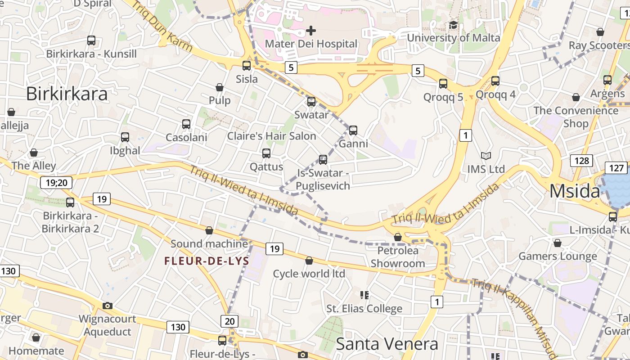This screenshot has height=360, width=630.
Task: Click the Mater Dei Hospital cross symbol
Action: point(311,31)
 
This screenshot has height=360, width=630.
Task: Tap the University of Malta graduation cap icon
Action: point(453,25)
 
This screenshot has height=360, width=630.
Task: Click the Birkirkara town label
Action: point(67,94)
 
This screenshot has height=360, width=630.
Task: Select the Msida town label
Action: point(575,192)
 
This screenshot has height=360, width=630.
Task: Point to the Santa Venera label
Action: point(387,344)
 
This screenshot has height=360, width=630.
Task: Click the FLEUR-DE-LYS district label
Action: point(207,261)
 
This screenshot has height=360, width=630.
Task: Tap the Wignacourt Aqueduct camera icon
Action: point(108,306)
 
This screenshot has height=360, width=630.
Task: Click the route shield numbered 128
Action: point(581,161)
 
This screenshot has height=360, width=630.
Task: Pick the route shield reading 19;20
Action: point(56,182)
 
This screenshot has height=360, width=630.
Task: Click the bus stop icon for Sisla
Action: point(247,66)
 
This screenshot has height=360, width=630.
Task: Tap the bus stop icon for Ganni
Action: point(353,130)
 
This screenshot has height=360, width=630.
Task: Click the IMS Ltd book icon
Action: point(486,156)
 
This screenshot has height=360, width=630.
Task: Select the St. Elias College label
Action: point(364,309)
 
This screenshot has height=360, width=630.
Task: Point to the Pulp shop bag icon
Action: point(220,87)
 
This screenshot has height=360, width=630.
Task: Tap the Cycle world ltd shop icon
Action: point(309,261)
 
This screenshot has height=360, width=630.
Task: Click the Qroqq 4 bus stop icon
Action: point(495,81)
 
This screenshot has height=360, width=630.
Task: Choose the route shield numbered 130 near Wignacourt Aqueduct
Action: point(178,327)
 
